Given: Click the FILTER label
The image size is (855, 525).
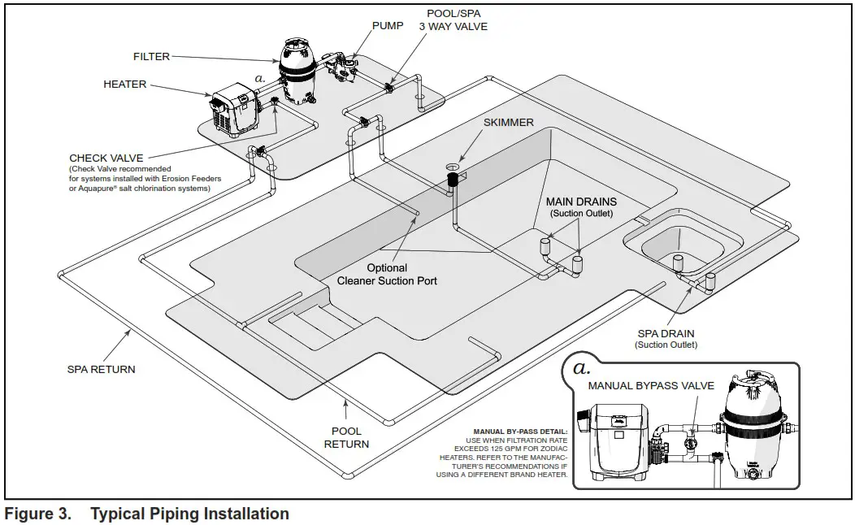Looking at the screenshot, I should click(151, 57).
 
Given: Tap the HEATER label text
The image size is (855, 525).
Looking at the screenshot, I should click(124, 84).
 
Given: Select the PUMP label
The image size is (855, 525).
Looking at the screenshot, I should click(388, 25).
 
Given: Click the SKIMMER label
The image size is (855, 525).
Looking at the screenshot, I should click(509, 123).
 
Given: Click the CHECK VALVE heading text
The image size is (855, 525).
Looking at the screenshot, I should click(106, 158).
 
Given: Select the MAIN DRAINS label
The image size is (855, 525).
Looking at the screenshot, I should click(580, 202).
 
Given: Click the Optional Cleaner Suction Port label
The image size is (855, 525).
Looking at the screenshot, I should click(387, 274).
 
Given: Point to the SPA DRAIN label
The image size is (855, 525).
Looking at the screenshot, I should click(666, 334).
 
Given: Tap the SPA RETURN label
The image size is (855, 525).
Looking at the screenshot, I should click(101, 369).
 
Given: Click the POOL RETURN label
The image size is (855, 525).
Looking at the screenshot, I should click(347, 437).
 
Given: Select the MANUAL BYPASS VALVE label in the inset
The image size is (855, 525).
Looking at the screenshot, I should click(651, 385).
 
